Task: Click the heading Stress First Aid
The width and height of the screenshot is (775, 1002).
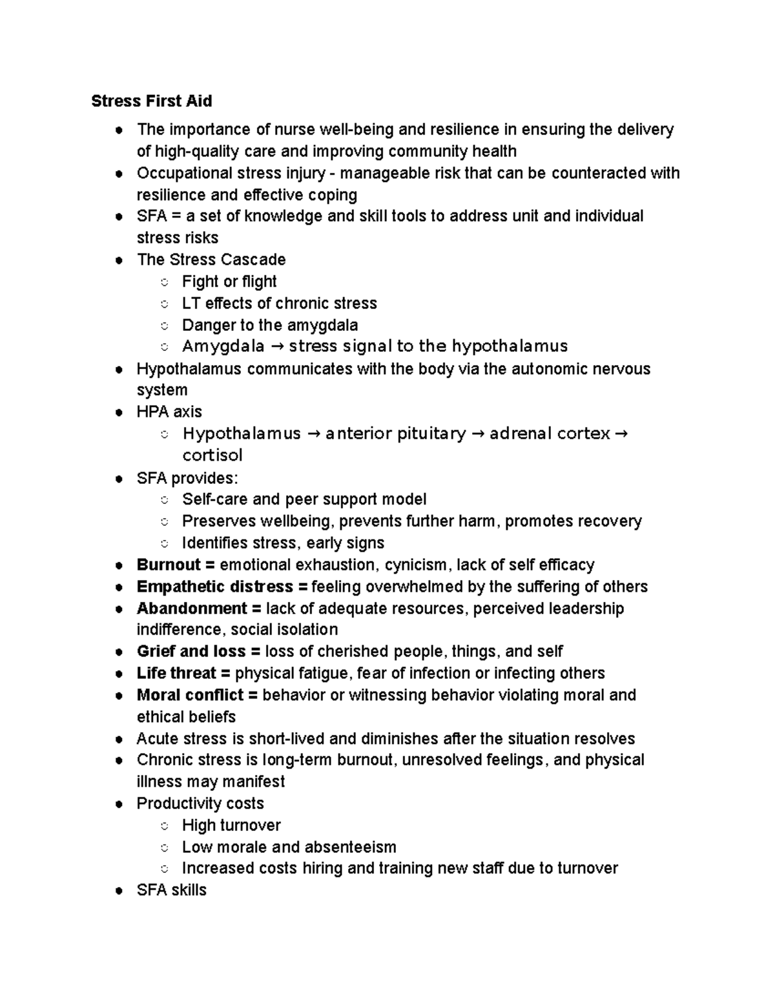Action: click(151, 101)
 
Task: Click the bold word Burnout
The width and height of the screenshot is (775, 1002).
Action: click(169, 565)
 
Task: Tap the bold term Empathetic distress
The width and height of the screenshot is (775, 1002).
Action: click(214, 587)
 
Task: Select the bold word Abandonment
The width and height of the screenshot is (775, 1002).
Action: click(192, 609)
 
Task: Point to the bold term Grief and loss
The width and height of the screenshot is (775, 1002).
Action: click(191, 652)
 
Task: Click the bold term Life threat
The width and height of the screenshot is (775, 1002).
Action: click(176, 674)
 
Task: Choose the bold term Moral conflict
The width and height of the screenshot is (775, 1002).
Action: click(190, 696)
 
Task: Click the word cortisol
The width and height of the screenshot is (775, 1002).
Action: click(212, 456)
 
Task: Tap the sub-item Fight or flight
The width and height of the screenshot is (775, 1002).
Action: click(229, 282)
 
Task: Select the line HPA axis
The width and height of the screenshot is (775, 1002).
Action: click(169, 412)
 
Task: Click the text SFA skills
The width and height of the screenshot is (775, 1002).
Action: click(171, 890)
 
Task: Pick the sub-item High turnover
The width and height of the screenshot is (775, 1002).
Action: click(231, 826)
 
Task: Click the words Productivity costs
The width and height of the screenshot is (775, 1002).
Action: click(200, 804)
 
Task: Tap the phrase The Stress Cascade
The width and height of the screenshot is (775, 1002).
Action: click(211, 260)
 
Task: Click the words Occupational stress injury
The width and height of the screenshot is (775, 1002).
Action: click(231, 174)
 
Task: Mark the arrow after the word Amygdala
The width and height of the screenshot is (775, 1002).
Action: click(276, 347)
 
